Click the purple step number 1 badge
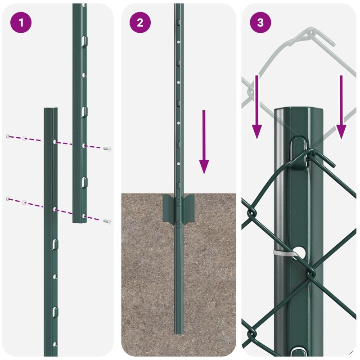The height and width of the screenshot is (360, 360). click(21, 22)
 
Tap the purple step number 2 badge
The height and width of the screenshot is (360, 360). click(140, 22)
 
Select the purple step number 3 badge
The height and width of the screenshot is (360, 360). click(261, 22)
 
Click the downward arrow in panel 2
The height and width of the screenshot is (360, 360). click(204, 142)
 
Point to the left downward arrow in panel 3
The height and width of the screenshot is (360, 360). click(257, 107)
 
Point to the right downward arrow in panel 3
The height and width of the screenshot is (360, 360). click(341, 107)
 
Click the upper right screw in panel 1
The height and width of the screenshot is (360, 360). click(107, 149)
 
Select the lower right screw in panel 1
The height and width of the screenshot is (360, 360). click(107, 221)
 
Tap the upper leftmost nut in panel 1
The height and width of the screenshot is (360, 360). click(8, 136)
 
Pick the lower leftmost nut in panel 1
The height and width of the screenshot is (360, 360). click(8, 198)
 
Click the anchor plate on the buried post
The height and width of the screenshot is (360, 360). click(178, 208)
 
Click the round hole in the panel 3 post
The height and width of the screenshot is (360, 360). click(300, 252)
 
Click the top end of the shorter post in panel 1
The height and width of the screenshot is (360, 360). click(51, 108)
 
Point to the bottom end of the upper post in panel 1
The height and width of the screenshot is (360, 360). click(80, 221)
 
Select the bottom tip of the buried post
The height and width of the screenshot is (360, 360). click(179, 333)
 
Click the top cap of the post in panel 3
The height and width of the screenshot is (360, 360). click(299, 109)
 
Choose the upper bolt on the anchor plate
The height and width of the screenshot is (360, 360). click(178, 204)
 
